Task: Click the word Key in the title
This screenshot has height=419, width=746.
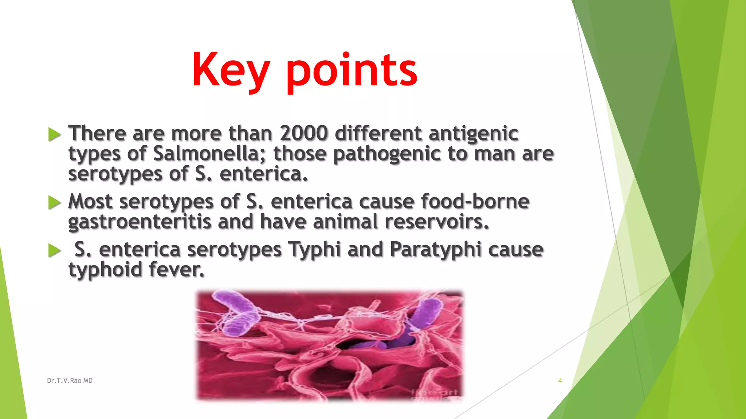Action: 230,71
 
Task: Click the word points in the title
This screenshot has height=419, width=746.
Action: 351,71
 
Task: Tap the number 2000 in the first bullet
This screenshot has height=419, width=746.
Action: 304,133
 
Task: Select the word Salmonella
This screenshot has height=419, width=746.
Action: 206,153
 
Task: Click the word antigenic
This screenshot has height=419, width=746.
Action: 473,134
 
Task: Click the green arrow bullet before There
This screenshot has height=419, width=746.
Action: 54,134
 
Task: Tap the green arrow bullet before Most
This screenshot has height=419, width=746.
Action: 54,202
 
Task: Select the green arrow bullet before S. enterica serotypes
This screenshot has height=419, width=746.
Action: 54,250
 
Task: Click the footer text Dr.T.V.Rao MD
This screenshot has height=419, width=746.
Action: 70,380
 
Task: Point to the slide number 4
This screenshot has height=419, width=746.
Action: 560,380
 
